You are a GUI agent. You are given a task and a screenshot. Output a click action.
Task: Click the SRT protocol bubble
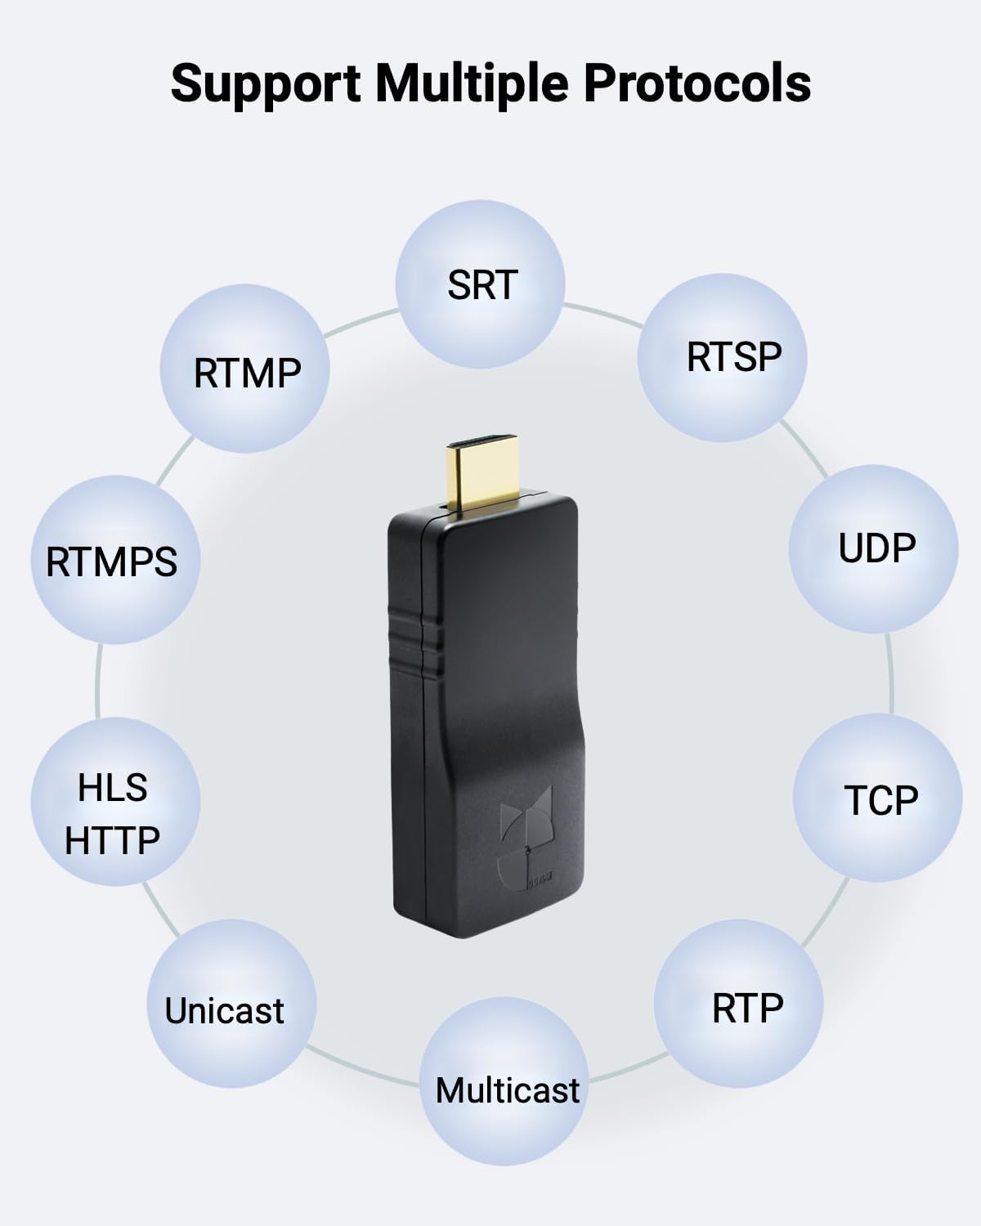(x=481, y=284)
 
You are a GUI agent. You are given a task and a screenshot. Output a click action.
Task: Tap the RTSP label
(x=733, y=356)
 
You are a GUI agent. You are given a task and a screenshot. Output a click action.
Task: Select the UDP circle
(x=876, y=548)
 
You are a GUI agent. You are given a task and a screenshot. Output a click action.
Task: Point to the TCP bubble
(x=880, y=799)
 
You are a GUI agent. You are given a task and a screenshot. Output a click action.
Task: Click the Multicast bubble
(x=507, y=1090)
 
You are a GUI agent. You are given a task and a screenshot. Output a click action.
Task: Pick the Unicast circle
(x=225, y=1010)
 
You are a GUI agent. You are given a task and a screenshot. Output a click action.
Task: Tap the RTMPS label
(x=112, y=562)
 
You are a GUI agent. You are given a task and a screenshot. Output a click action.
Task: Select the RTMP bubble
(x=247, y=373)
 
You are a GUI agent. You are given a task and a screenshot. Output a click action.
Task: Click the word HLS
(x=113, y=787)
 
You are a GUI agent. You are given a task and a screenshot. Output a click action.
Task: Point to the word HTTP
(x=113, y=840)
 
